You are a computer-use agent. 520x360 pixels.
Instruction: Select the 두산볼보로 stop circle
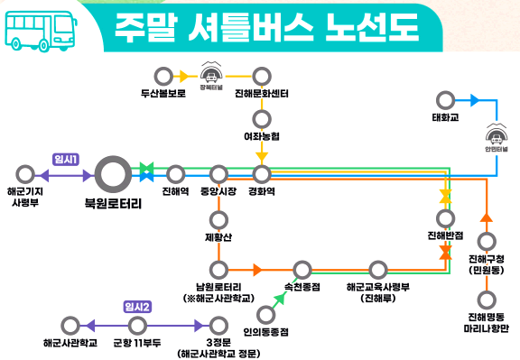pos(162,76)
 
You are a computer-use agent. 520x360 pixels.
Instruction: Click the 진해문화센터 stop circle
pos(262,76)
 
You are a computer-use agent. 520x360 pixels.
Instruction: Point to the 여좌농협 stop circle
pos(262,117)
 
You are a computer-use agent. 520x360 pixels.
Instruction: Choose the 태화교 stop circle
pos(444,99)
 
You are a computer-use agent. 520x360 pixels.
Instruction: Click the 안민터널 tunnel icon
pos(495,137)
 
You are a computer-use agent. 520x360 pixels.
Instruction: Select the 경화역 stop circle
pos(262,173)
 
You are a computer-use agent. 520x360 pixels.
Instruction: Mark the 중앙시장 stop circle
pos(218,173)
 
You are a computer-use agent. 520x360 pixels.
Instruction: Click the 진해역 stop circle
pos(176,173)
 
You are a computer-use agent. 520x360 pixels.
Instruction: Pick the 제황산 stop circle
pos(218,219)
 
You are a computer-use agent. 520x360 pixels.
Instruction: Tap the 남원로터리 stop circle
pos(218,269)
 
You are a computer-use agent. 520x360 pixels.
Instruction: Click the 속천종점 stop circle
pos(301,269)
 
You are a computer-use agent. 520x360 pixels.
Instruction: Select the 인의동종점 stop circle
pos(265,315)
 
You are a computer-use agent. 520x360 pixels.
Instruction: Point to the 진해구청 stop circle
pos(486,241)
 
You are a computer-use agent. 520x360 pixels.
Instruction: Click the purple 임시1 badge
pos(67,159)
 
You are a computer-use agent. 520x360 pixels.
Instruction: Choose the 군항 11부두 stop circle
pos(137,325)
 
